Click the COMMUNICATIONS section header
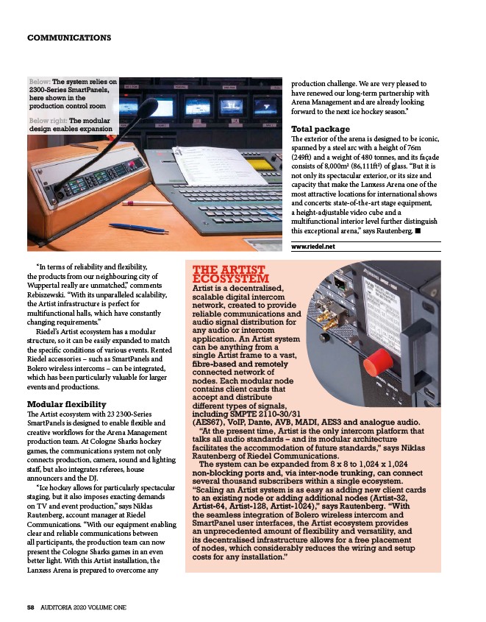pos(68,38)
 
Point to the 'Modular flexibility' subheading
pos(66,404)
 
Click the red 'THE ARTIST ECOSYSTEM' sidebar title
pos(230,275)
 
